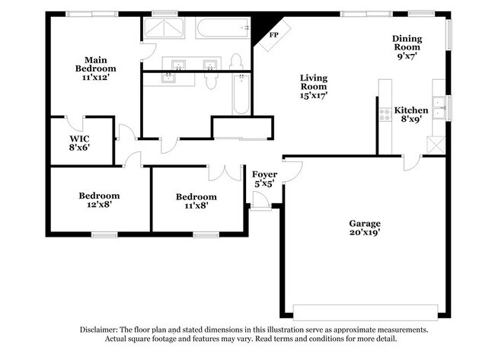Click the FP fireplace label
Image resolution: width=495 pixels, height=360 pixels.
[273, 35]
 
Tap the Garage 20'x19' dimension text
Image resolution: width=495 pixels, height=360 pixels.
[365, 232]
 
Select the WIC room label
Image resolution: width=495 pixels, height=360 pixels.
[79, 139]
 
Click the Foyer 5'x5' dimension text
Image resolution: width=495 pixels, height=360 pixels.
[263, 183]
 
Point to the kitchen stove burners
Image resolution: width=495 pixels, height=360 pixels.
[385, 115]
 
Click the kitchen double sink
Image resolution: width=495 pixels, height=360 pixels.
[439, 107]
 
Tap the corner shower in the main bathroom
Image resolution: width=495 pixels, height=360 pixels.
[164, 28]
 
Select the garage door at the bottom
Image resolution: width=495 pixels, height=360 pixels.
[366, 312]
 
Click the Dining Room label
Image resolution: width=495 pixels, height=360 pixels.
[407, 43]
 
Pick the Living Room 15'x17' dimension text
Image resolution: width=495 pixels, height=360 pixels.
[314, 95]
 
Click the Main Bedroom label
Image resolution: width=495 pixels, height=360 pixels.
[96, 65]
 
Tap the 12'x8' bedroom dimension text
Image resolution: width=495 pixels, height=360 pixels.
[99, 205]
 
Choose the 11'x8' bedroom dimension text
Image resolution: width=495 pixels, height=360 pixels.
[196, 205]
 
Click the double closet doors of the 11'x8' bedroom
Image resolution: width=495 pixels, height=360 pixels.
[225, 173]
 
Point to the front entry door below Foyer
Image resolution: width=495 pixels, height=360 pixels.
[260, 201]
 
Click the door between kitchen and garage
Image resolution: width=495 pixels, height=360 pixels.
[412, 163]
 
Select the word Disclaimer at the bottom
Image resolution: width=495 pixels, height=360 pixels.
[99, 330]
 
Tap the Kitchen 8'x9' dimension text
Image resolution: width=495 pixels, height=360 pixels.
[410, 119]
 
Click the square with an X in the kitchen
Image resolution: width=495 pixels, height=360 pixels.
[436, 145]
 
